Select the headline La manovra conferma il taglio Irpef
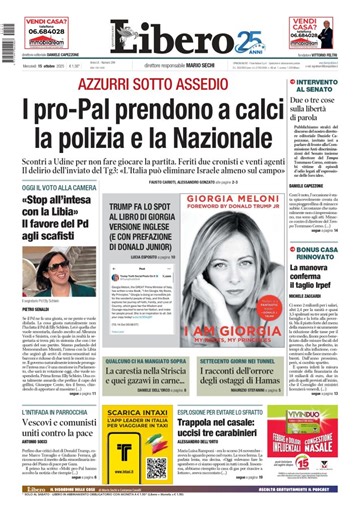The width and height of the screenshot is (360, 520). pyautogui.click(x=322, y=274)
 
